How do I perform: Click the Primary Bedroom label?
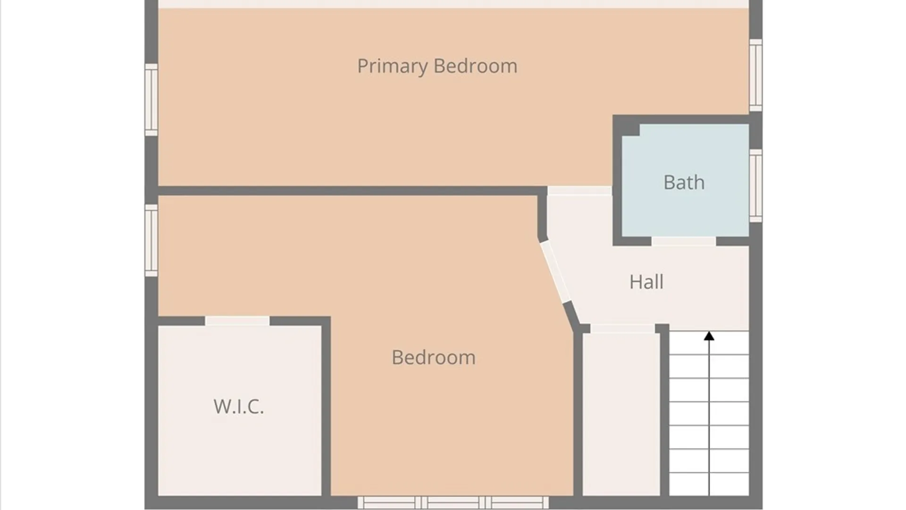click(x=437, y=66)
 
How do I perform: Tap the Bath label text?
click(x=684, y=182)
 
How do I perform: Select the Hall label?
click(x=646, y=282)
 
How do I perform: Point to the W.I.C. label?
click(x=238, y=406)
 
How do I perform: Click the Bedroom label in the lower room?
click(x=433, y=357)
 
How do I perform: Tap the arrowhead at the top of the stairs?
click(x=709, y=336)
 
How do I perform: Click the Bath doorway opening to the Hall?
click(x=684, y=241)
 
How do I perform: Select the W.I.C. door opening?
click(x=237, y=321)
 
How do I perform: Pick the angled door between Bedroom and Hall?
click(x=555, y=272)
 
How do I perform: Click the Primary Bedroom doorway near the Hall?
click(x=580, y=191)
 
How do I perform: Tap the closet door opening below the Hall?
click(x=622, y=329)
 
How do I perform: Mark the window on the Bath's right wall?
click(x=756, y=186)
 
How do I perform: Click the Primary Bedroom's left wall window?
click(x=151, y=100)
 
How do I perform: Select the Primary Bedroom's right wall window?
click(x=756, y=75)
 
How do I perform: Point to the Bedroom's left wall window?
click(x=151, y=240)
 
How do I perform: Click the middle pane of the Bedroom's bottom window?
click(x=453, y=502)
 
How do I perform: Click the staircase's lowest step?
click(x=709, y=484)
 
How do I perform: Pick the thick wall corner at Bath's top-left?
click(x=626, y=126)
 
